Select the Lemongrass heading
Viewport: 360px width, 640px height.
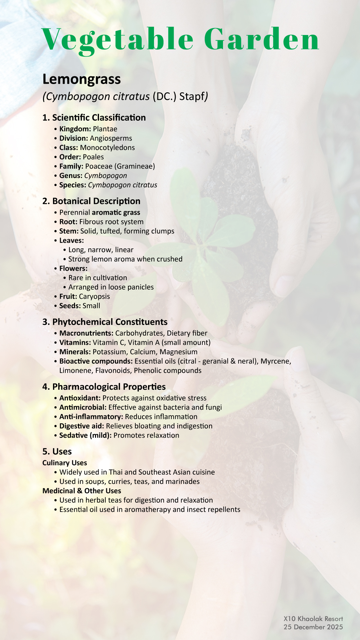pos(82,79)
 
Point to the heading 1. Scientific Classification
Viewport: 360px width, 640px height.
pos(94,118)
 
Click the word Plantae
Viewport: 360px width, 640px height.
pos(105,129)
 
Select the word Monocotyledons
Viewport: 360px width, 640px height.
pos(107,148)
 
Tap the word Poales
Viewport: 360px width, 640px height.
pos(93,157)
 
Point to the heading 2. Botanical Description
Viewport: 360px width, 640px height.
pos(91,201)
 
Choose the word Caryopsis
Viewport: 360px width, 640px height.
pos(94,297)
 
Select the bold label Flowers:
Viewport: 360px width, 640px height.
pos(73,269)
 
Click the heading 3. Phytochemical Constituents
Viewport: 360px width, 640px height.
pos(105,322)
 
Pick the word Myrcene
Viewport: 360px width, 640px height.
pos(276,361)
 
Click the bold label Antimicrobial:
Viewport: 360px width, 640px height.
pos(83,407)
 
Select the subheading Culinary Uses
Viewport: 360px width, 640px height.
pos(65,463)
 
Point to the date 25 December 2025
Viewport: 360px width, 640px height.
pos(313,627)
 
